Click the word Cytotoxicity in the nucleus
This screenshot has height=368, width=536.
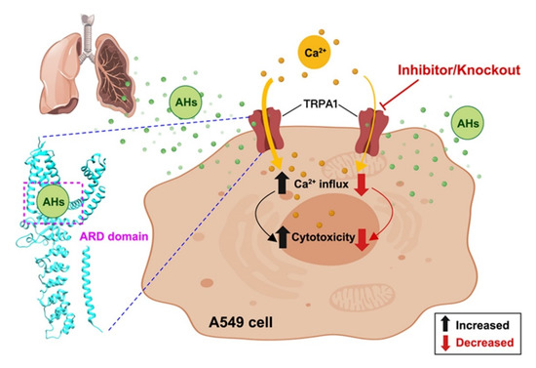321,234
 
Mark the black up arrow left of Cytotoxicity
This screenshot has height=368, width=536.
269,234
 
